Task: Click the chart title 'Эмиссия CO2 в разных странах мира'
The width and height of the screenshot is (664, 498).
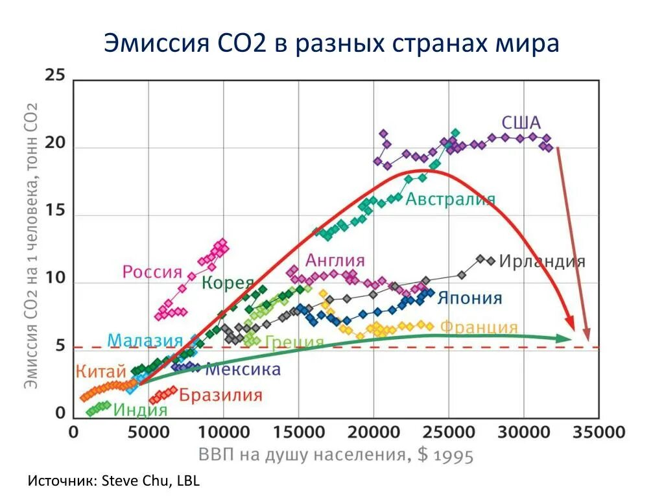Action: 331,45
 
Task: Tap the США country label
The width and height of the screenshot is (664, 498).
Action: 521,123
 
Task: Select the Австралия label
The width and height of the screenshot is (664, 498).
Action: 451,199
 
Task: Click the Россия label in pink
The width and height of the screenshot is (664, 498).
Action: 152,272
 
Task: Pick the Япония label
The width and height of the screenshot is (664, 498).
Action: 469,298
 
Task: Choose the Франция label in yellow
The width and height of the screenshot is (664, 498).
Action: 479,327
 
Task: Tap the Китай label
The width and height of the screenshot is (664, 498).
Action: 101,372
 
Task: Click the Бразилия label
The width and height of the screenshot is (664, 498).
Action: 221,395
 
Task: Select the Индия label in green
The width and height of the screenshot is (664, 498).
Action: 140,410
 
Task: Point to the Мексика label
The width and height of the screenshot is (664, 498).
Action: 243,370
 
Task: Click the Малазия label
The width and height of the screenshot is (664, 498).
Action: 145,340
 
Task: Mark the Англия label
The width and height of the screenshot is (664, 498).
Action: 335,261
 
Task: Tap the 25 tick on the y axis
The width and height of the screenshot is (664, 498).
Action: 55,75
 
